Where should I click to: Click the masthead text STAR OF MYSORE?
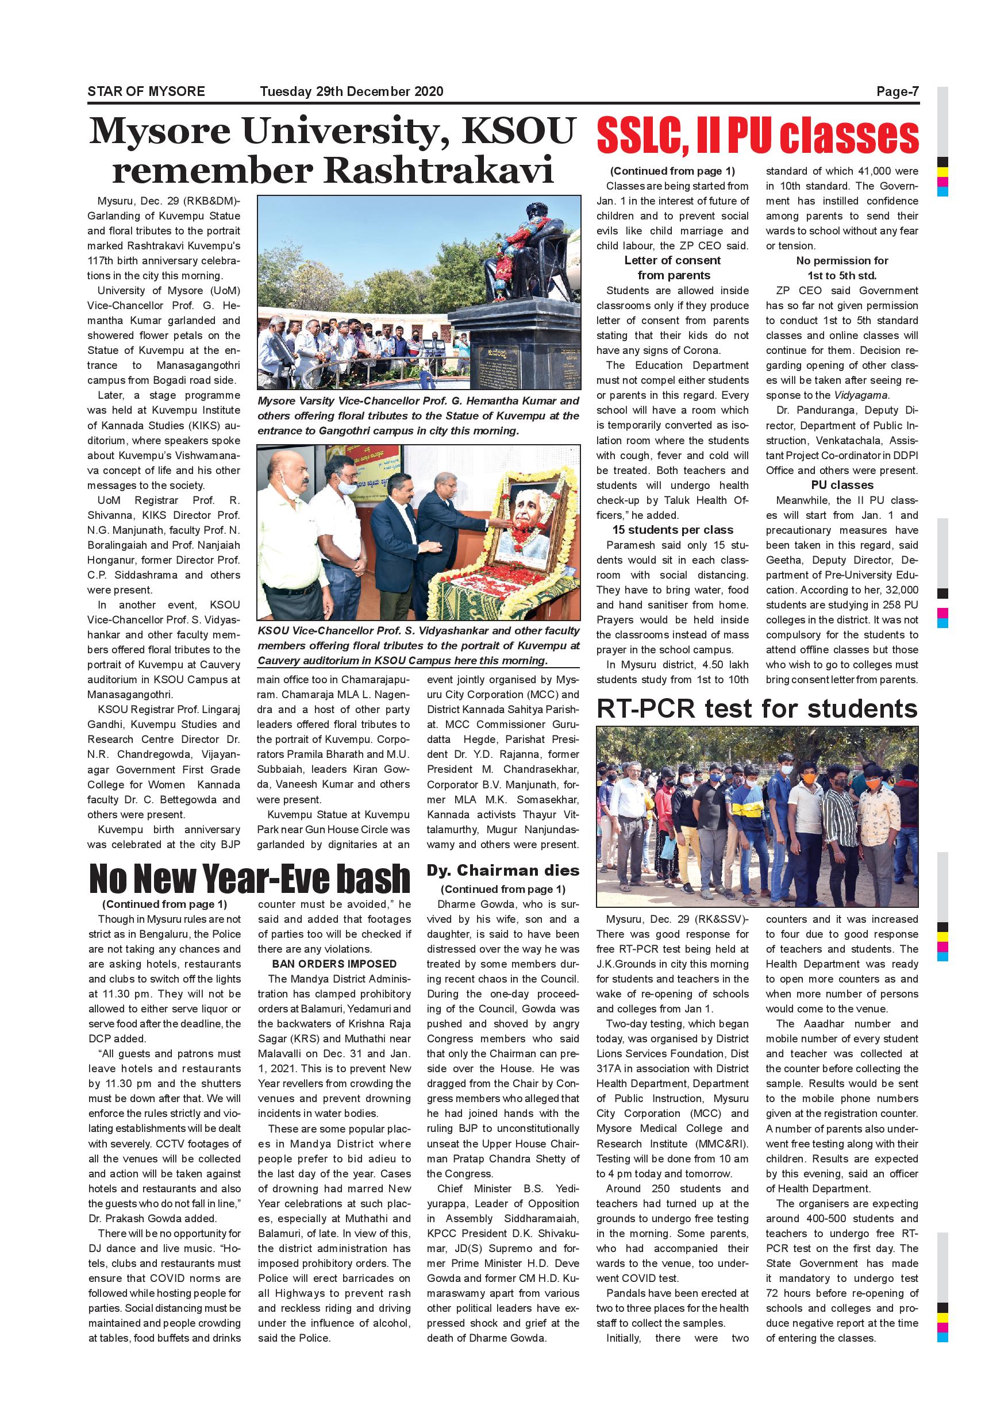point(146,91)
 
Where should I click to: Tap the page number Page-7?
point(897,91)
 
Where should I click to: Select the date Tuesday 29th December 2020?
point(351,91)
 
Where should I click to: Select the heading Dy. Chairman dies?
point(503,870)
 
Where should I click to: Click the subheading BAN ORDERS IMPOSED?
point(334,964)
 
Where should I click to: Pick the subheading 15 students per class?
point(673,530)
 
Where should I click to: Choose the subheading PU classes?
point(842,485)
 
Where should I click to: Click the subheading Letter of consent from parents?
point(673,268)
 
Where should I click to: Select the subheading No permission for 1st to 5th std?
point(842,268)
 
